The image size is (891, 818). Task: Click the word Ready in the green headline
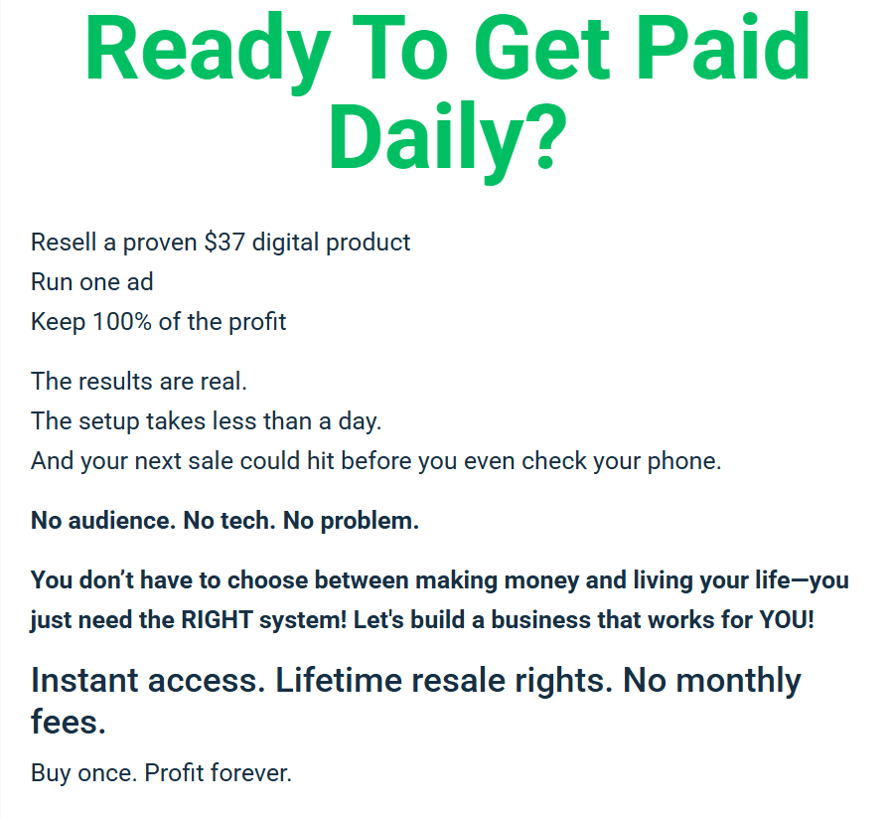click(208, 50)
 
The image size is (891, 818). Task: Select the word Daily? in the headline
click(448, 140)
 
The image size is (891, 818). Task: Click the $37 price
click(224, 243)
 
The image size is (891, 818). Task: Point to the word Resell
click(64, 243)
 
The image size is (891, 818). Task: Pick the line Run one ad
click(92, 282)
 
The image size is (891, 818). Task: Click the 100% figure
click(122, 322)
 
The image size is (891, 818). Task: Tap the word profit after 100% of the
click(257, 322)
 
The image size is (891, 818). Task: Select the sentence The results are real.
click(139, 382)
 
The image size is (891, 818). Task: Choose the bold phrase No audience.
click(103, 521)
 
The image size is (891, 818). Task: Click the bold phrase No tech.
click(229, 521)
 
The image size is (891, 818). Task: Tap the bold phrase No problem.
click(352, 521)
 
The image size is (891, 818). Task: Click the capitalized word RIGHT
click(217, 620)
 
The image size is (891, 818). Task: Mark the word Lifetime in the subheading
click(340, 681)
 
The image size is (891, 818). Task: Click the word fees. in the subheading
click(69, 722)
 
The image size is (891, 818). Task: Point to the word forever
click(250, 773)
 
